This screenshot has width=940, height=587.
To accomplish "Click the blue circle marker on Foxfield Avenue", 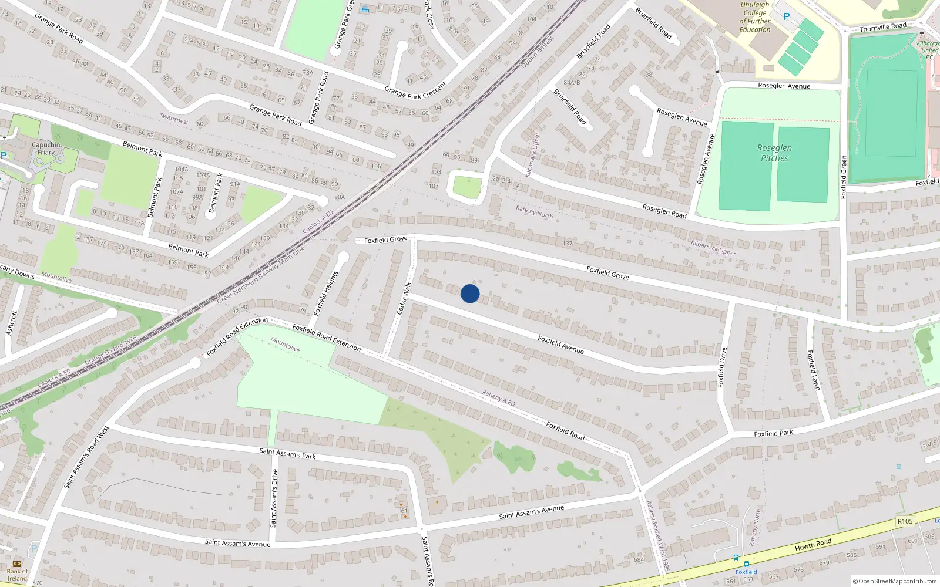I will [470, 293].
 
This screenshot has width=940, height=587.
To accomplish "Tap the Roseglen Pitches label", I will [774, 153].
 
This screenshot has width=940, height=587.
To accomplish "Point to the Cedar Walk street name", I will [405, 298].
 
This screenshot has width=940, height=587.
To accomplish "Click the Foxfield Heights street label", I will [326, 293].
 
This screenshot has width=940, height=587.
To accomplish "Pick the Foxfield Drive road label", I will [722, 367].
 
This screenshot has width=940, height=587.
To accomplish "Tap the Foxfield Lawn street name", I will [813, 370].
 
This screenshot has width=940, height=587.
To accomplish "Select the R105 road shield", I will [905, 521].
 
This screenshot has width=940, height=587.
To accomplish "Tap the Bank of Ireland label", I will [17, 575].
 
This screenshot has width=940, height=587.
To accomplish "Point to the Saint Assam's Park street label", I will [287, 453].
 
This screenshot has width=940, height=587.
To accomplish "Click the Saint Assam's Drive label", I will [274, 498].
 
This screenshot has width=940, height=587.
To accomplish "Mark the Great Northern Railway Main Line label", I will [261, 275].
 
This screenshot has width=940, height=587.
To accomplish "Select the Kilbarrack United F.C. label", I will [929, 50].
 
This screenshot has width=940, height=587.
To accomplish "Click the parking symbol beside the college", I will [786, 16].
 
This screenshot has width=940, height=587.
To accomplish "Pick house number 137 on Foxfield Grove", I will [568, 244].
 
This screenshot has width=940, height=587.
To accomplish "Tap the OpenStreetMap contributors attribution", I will [895, 582].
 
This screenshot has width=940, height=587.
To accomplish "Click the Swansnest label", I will [174, 118].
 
